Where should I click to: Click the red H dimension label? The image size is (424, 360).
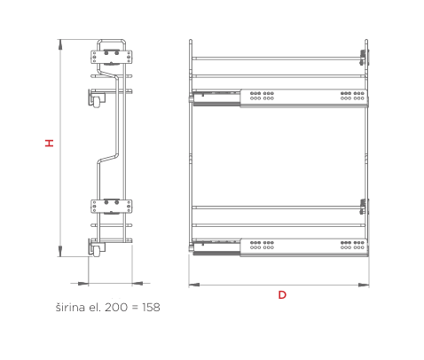tap(50, 143)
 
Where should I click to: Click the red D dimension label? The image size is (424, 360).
tap(282, 295)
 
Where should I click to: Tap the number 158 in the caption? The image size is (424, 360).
tap(151, 308)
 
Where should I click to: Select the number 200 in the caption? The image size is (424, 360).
tap(115, 308)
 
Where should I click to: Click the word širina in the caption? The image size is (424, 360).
tap(70, 307)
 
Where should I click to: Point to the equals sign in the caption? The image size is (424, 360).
tap(135, 308)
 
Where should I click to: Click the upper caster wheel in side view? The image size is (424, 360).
tap(97, 102)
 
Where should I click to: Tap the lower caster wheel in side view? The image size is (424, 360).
tap(97, 252)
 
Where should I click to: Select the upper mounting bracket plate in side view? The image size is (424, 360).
tap(111, 57)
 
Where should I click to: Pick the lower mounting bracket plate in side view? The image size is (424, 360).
tap(111, 206)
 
